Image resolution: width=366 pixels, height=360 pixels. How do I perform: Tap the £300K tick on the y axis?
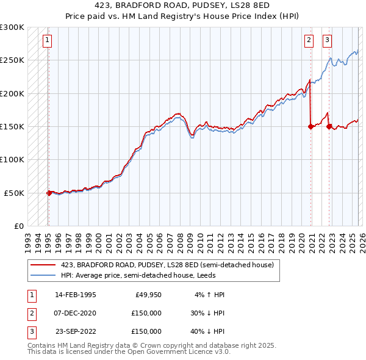click(x=12, y=27)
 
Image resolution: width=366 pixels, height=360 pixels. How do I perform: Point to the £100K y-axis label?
click(x=12, y=159)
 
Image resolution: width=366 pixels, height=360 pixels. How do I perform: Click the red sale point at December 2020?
click(x=310, y=127)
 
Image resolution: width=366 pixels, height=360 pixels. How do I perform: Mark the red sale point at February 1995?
click(x=49, y=193)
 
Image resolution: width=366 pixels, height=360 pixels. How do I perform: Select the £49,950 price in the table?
click(x=148, y=295)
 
